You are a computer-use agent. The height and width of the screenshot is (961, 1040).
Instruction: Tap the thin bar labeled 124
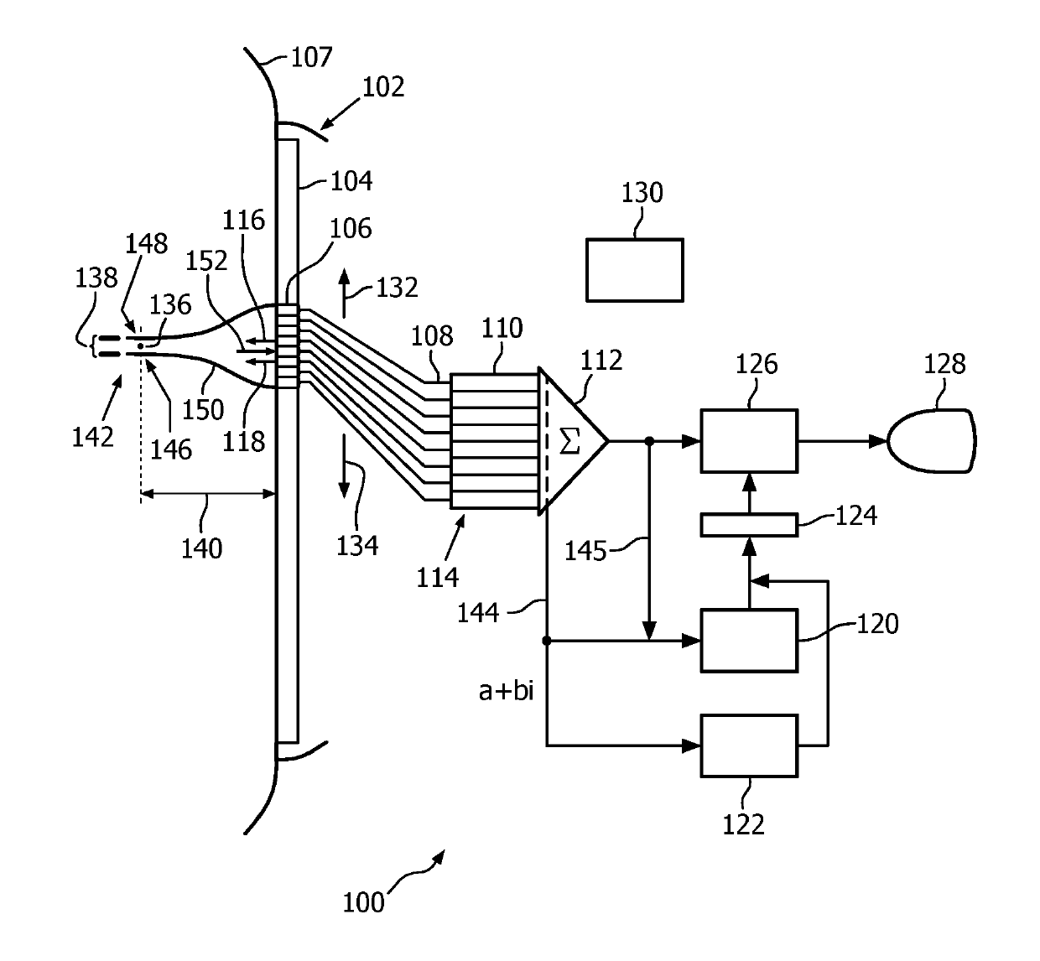coord(749,525)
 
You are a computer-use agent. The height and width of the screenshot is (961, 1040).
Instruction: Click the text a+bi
coord(506,691)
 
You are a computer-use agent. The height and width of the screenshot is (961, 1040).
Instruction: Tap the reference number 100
coord(363,902)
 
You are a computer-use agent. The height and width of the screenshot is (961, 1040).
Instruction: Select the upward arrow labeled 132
coord(344,293)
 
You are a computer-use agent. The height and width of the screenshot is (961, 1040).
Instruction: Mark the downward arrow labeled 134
coord(344,466)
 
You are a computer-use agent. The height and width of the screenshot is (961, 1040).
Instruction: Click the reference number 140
coord(201,549)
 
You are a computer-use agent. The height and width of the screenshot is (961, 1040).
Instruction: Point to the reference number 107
coord(312,57)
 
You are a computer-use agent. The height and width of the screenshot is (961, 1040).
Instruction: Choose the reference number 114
coord(437,578)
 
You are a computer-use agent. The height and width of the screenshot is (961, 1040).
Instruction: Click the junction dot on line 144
coord(547,641)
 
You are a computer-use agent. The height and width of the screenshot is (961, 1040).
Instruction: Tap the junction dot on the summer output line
coord(649,441)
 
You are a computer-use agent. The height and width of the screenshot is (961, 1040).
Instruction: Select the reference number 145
coord(585,551)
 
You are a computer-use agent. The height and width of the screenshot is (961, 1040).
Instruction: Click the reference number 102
coord(383,87)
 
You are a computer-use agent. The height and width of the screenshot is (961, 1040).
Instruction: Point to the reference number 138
coord(96,278)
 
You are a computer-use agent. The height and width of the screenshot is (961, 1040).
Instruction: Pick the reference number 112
coord(601,361)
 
